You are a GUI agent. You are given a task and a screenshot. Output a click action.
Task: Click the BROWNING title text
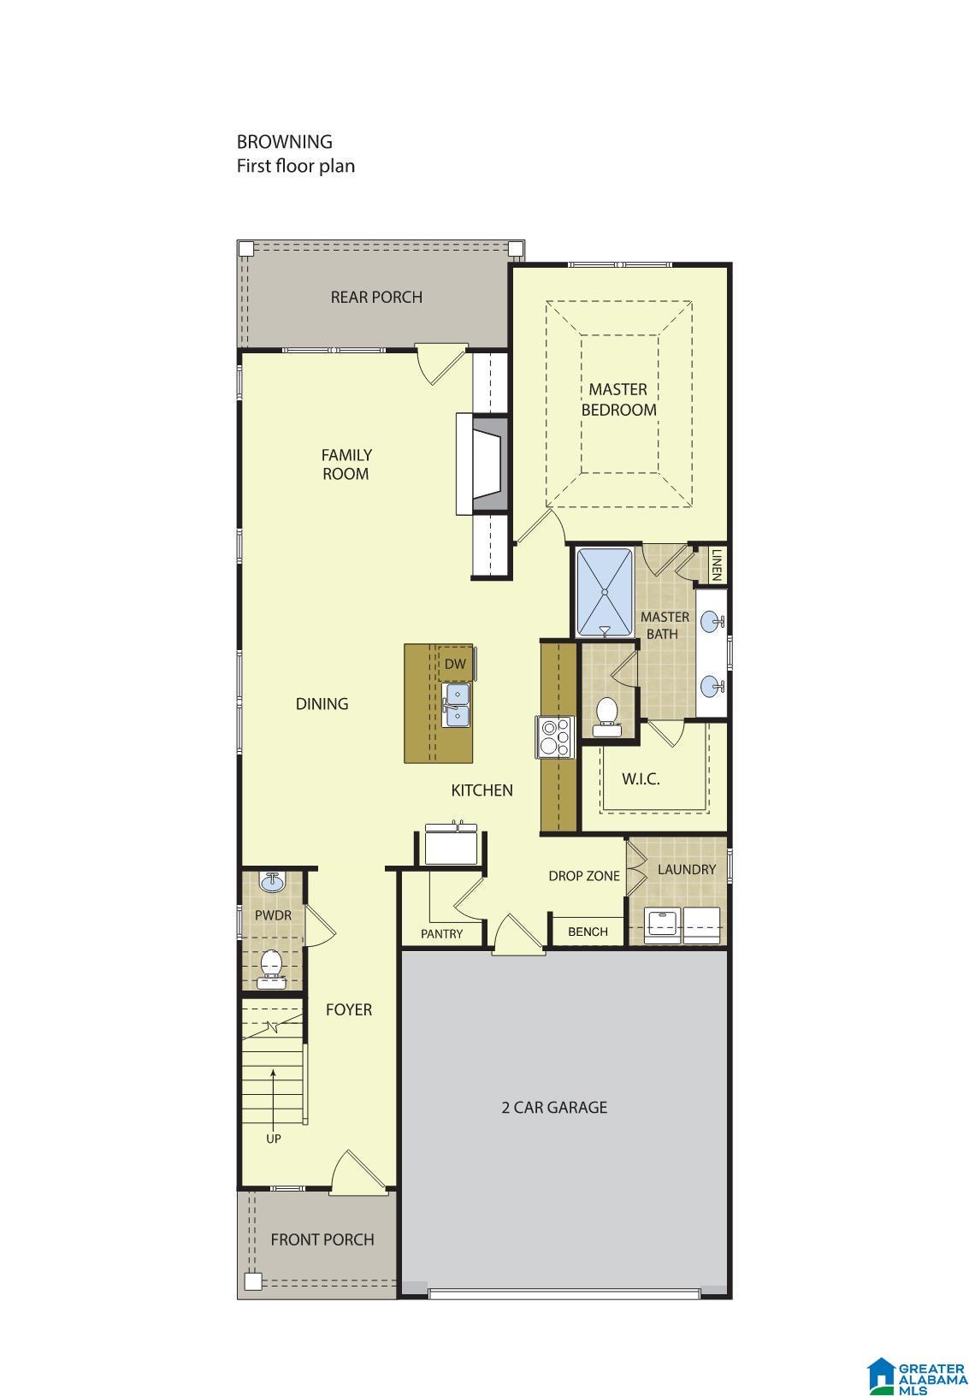pos(284,142)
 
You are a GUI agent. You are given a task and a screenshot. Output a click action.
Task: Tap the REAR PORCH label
pos(376,297)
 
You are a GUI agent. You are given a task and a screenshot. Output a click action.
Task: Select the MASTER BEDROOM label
pos(618,399)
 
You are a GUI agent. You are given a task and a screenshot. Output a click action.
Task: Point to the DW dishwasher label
pos(455,664)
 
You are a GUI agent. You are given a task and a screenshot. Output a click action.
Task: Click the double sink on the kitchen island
pos(456,703)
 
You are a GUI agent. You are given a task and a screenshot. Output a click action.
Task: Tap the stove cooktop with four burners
pos(554,736)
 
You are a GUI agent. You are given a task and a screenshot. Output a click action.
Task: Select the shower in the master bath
pos(605,592)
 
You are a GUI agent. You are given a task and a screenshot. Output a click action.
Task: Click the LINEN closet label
pos(717,565)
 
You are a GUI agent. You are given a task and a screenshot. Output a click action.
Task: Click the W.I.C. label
pos(641,779)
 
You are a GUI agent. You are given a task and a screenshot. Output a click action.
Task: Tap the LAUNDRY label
pos(686,869)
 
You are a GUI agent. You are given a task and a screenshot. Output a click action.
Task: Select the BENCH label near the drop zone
pos(588,932)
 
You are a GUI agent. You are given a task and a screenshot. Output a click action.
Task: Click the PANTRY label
pos(441,933)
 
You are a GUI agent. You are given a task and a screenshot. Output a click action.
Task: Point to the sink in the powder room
pos(272,880)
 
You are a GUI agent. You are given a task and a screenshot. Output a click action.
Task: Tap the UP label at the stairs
pos(273,1139)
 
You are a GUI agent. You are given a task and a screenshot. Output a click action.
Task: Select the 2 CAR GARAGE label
pos(553,1107)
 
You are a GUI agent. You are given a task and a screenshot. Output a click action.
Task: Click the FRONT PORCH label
pos(322,1239)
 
